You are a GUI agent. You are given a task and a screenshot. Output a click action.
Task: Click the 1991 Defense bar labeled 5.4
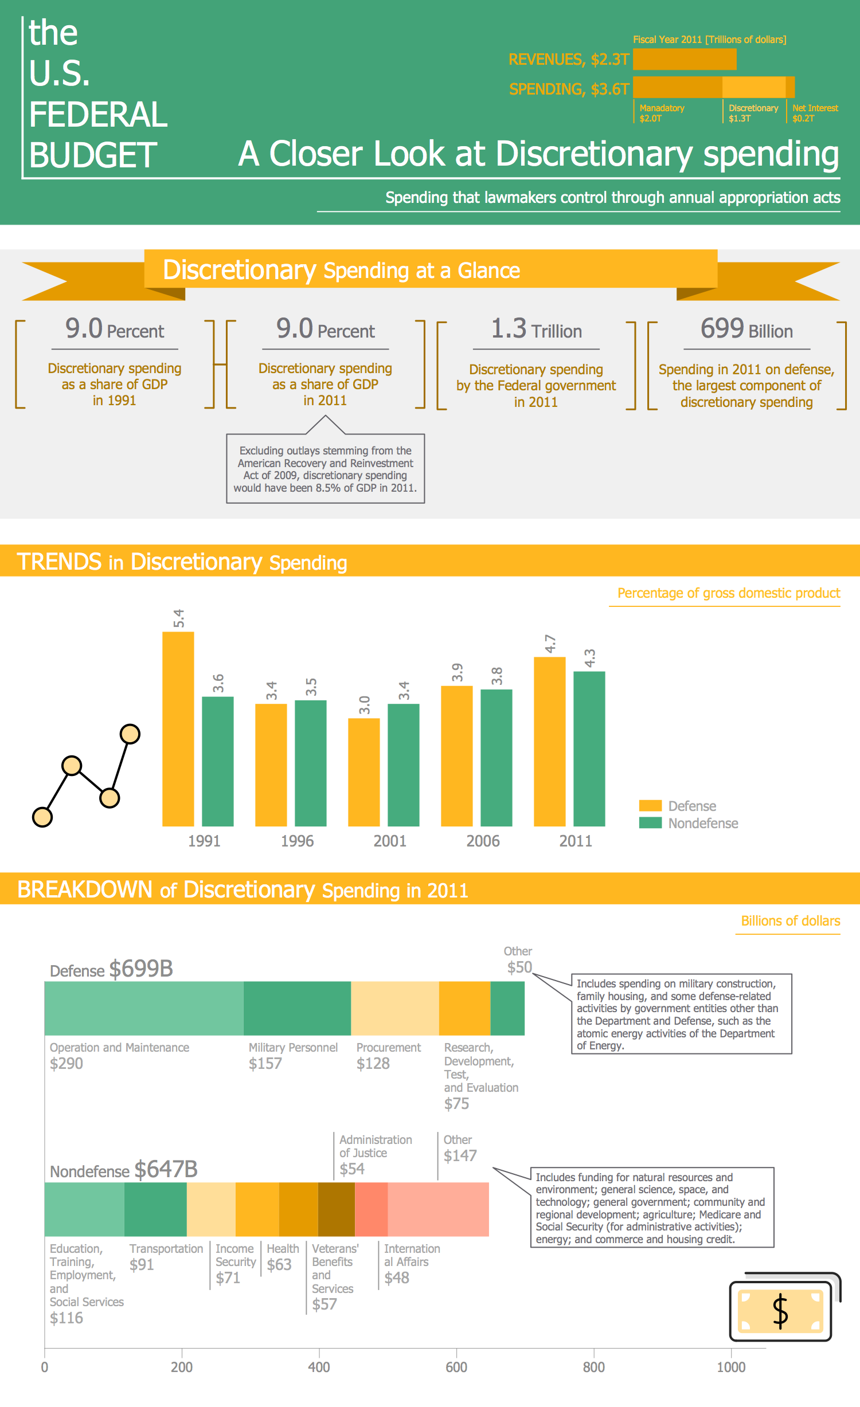click(x=178, y=728)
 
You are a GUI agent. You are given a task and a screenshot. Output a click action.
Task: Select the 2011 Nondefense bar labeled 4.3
click(x=589, y=748)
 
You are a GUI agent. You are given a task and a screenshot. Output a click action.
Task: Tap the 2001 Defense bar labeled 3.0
click(x=363, y=771)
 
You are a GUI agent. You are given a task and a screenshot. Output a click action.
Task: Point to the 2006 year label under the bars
click(x=483, y=841)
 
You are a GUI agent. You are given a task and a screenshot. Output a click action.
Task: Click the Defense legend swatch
click(x=650, y=806)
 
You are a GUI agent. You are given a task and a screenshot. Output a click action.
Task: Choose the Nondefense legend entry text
click(x=703, y=824)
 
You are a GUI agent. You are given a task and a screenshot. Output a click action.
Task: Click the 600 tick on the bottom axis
click(x=456, y=1367)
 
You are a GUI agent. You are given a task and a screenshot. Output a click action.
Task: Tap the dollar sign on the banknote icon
click(x=780, y=1311)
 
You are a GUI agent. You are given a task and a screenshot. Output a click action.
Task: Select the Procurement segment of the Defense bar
click(x=394, y=1008)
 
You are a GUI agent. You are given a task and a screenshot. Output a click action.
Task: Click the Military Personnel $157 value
click(x=265, y=1064)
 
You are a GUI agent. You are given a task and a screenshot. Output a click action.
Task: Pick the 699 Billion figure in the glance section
click(x=746, y=330)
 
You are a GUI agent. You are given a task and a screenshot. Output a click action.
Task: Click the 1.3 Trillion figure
click(x=536, y=330)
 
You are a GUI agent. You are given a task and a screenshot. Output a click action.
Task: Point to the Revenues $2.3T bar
click(x=684, y=60)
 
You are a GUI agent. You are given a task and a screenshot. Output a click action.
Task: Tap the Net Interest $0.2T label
click(x=815, y=113)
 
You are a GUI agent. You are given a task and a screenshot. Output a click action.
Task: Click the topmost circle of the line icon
click(x=130, y=734)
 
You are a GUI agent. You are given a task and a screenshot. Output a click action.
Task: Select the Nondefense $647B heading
click(x=123, y=1170)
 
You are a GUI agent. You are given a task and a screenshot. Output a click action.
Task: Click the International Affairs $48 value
click(x=397, y=1278)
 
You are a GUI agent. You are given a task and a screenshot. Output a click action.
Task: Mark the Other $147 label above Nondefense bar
click(x=459, y=1149)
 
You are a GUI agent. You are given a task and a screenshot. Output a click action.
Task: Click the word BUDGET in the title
click(x=93, y=155)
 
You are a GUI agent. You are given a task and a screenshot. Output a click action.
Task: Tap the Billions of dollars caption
click(x=790, y=921)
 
